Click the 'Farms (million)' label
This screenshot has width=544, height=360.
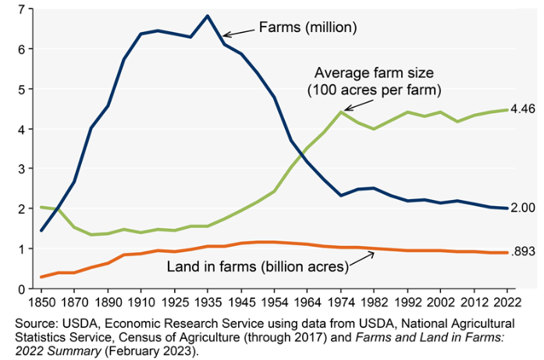pyautogui.click(x=308, y=27)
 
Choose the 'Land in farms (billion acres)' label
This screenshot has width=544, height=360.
pyautogui.click(x=257, y=267)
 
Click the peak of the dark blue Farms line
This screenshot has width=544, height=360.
pyautogui.click(x=207, y=16)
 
